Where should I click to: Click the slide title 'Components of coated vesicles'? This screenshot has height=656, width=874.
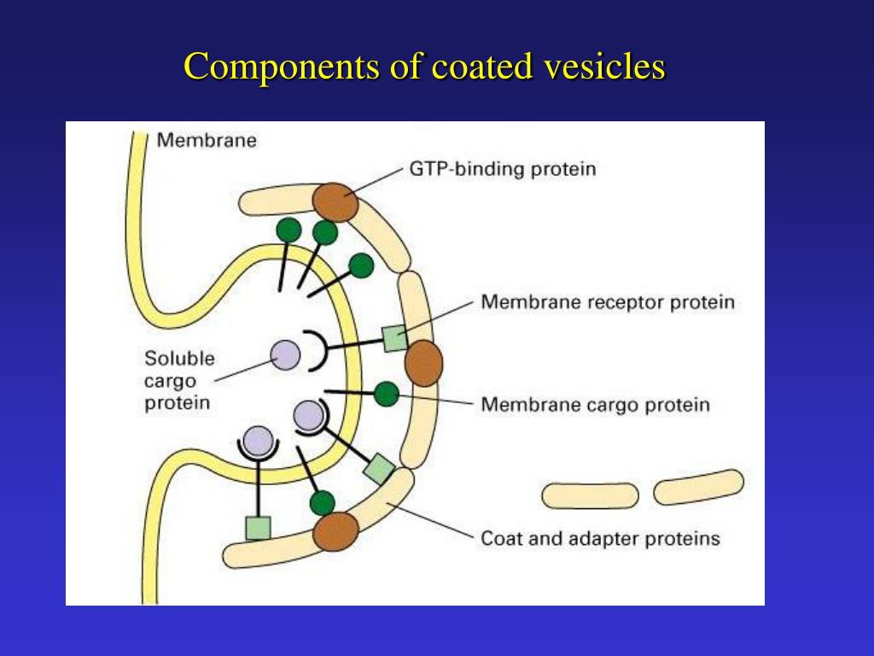(x=424, y=67)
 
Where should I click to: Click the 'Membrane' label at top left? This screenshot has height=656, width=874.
(x=206, y=141)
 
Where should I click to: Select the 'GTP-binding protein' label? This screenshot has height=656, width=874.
(x=503, y=168)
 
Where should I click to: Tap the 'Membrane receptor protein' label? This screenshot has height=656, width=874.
(x=607, y=302)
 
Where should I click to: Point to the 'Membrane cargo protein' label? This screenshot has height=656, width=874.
(x=595, y=404)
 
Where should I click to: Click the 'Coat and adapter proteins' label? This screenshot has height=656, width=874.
(x=600, y=539)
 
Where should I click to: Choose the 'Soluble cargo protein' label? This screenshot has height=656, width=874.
(x=178, y=380)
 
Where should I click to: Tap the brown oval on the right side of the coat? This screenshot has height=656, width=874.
(x=423, y=362)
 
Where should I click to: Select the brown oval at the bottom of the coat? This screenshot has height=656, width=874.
(x=334, y=531)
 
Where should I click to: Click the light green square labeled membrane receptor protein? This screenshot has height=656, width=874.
(x=394, y=338)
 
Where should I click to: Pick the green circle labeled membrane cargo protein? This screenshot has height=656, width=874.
(x=387, y=394)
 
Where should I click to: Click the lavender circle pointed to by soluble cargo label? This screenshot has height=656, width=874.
(x=285, y=354)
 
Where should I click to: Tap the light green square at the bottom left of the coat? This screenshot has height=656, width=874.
(x=258, y=528)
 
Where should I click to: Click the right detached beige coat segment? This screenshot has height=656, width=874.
(x=698, y=487)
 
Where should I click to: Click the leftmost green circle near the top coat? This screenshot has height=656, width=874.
(x=288, y=229)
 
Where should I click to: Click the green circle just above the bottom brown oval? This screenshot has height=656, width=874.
(x=322, y=502)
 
